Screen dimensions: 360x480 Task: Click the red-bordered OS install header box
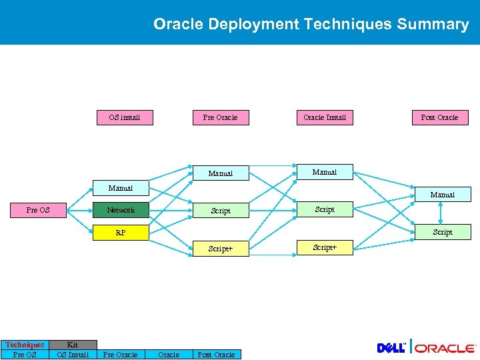[x=124, y=117]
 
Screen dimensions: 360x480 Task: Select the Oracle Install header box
[x=325, y=117]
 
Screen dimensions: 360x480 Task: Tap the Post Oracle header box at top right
[x=439, y=117]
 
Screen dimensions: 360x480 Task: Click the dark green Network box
[x=121, y=210]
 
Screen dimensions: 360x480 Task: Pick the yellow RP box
[x=121, y=233]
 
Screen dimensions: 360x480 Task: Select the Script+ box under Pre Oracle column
[x=221, y=249]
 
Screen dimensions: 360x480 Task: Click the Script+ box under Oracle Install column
[x=325, y=247]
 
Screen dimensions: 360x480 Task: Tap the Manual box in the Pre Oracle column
[x=221, y=173]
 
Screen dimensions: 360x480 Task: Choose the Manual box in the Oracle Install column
[x=325, y=172]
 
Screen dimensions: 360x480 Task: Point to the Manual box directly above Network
[x=121, y=188]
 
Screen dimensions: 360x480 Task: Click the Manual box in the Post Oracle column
[x=442, y=195]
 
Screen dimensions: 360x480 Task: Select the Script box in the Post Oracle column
[x=442, y=232]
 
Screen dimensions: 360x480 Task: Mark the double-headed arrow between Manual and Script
[x=440, y=213]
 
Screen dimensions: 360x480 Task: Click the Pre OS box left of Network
[x=38, y=210]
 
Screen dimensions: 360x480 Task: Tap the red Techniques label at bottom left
[x=25, y=345]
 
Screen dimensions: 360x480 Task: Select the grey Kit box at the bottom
[x=73, y=345]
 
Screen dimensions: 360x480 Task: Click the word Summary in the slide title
[x=433, y=24]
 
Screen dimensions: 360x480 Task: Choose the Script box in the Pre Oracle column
[x=221, y=211]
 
